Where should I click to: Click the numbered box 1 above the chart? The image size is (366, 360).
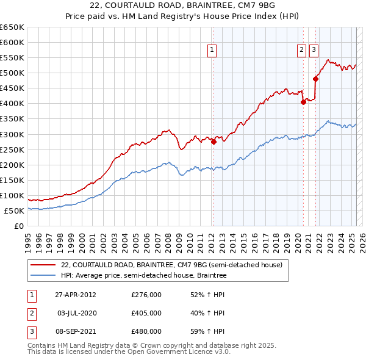click(x=212, y=51)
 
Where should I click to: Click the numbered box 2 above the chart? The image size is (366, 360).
click(x=301, y=51)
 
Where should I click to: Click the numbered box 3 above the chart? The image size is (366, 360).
click(x=314, y=51)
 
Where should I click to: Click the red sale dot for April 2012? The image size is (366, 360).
click(x=213, y=142)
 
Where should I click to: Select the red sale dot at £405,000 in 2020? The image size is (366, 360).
click(x=303, y=102)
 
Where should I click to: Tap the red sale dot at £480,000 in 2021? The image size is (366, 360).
click(x=315, y=79)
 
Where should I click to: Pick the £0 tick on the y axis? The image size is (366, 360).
click(x=20, y=226)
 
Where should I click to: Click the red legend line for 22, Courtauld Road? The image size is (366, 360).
click(x=43, y=265)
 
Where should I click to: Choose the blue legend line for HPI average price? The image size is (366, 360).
click(x=43, y=276)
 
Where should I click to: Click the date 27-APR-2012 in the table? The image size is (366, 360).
click(x=76, y=295)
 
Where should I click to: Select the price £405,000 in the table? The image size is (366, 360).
click(x=146, y=313)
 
